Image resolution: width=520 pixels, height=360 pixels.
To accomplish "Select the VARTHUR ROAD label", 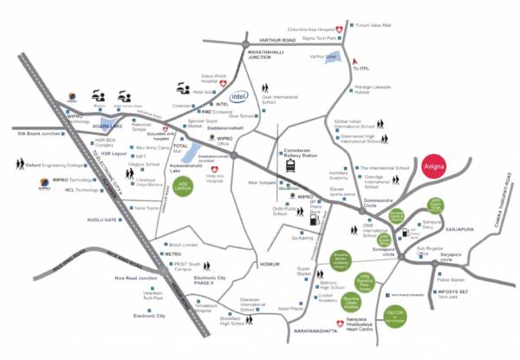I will click(x=279, y=40).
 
